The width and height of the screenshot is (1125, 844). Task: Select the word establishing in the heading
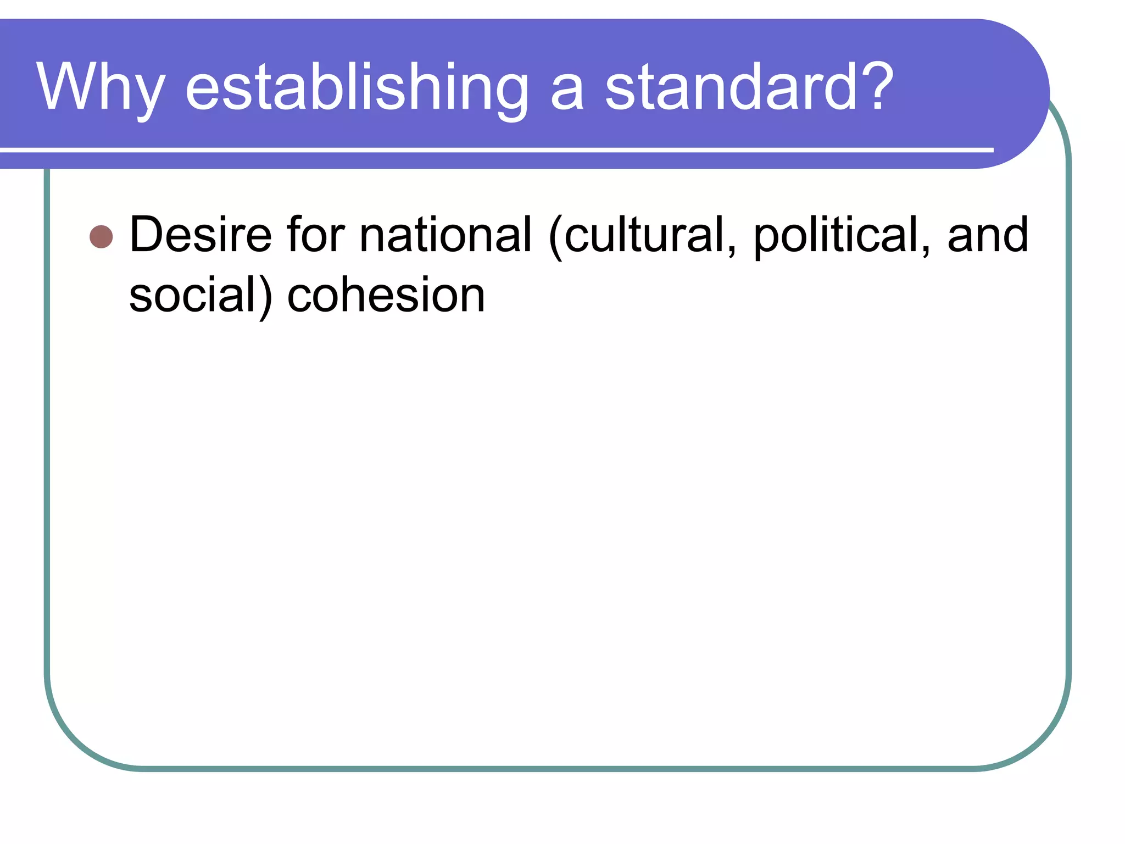(357, 88)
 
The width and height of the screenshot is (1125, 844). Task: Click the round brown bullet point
(101, 237)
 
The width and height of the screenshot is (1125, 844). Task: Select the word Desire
(201, 235)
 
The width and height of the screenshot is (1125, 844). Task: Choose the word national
(445, 235)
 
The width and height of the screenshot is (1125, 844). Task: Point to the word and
(988, 235)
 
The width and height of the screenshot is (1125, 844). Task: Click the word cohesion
(386, 296)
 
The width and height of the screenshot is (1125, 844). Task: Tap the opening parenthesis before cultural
(555, 237)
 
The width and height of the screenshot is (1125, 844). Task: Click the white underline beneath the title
(494, 149)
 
